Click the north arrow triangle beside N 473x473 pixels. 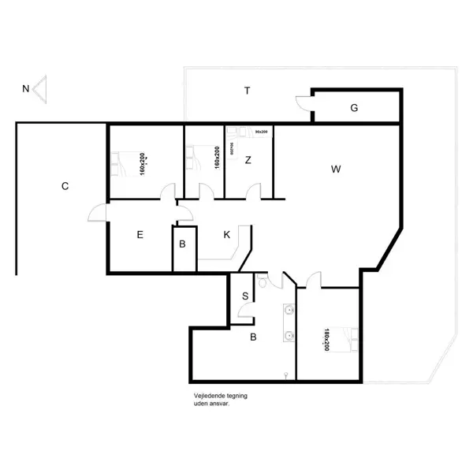42,88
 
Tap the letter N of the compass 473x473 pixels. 26,88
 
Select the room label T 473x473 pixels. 247,91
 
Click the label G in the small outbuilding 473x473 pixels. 354,108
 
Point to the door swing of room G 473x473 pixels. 304,101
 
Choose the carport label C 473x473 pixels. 65,187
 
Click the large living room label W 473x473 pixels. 336,169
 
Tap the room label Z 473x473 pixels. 248,161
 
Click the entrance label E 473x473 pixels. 140,234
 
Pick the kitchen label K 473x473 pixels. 226,234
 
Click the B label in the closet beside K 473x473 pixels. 182,244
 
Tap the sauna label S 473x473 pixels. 245,296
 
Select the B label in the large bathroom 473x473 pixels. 253,338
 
